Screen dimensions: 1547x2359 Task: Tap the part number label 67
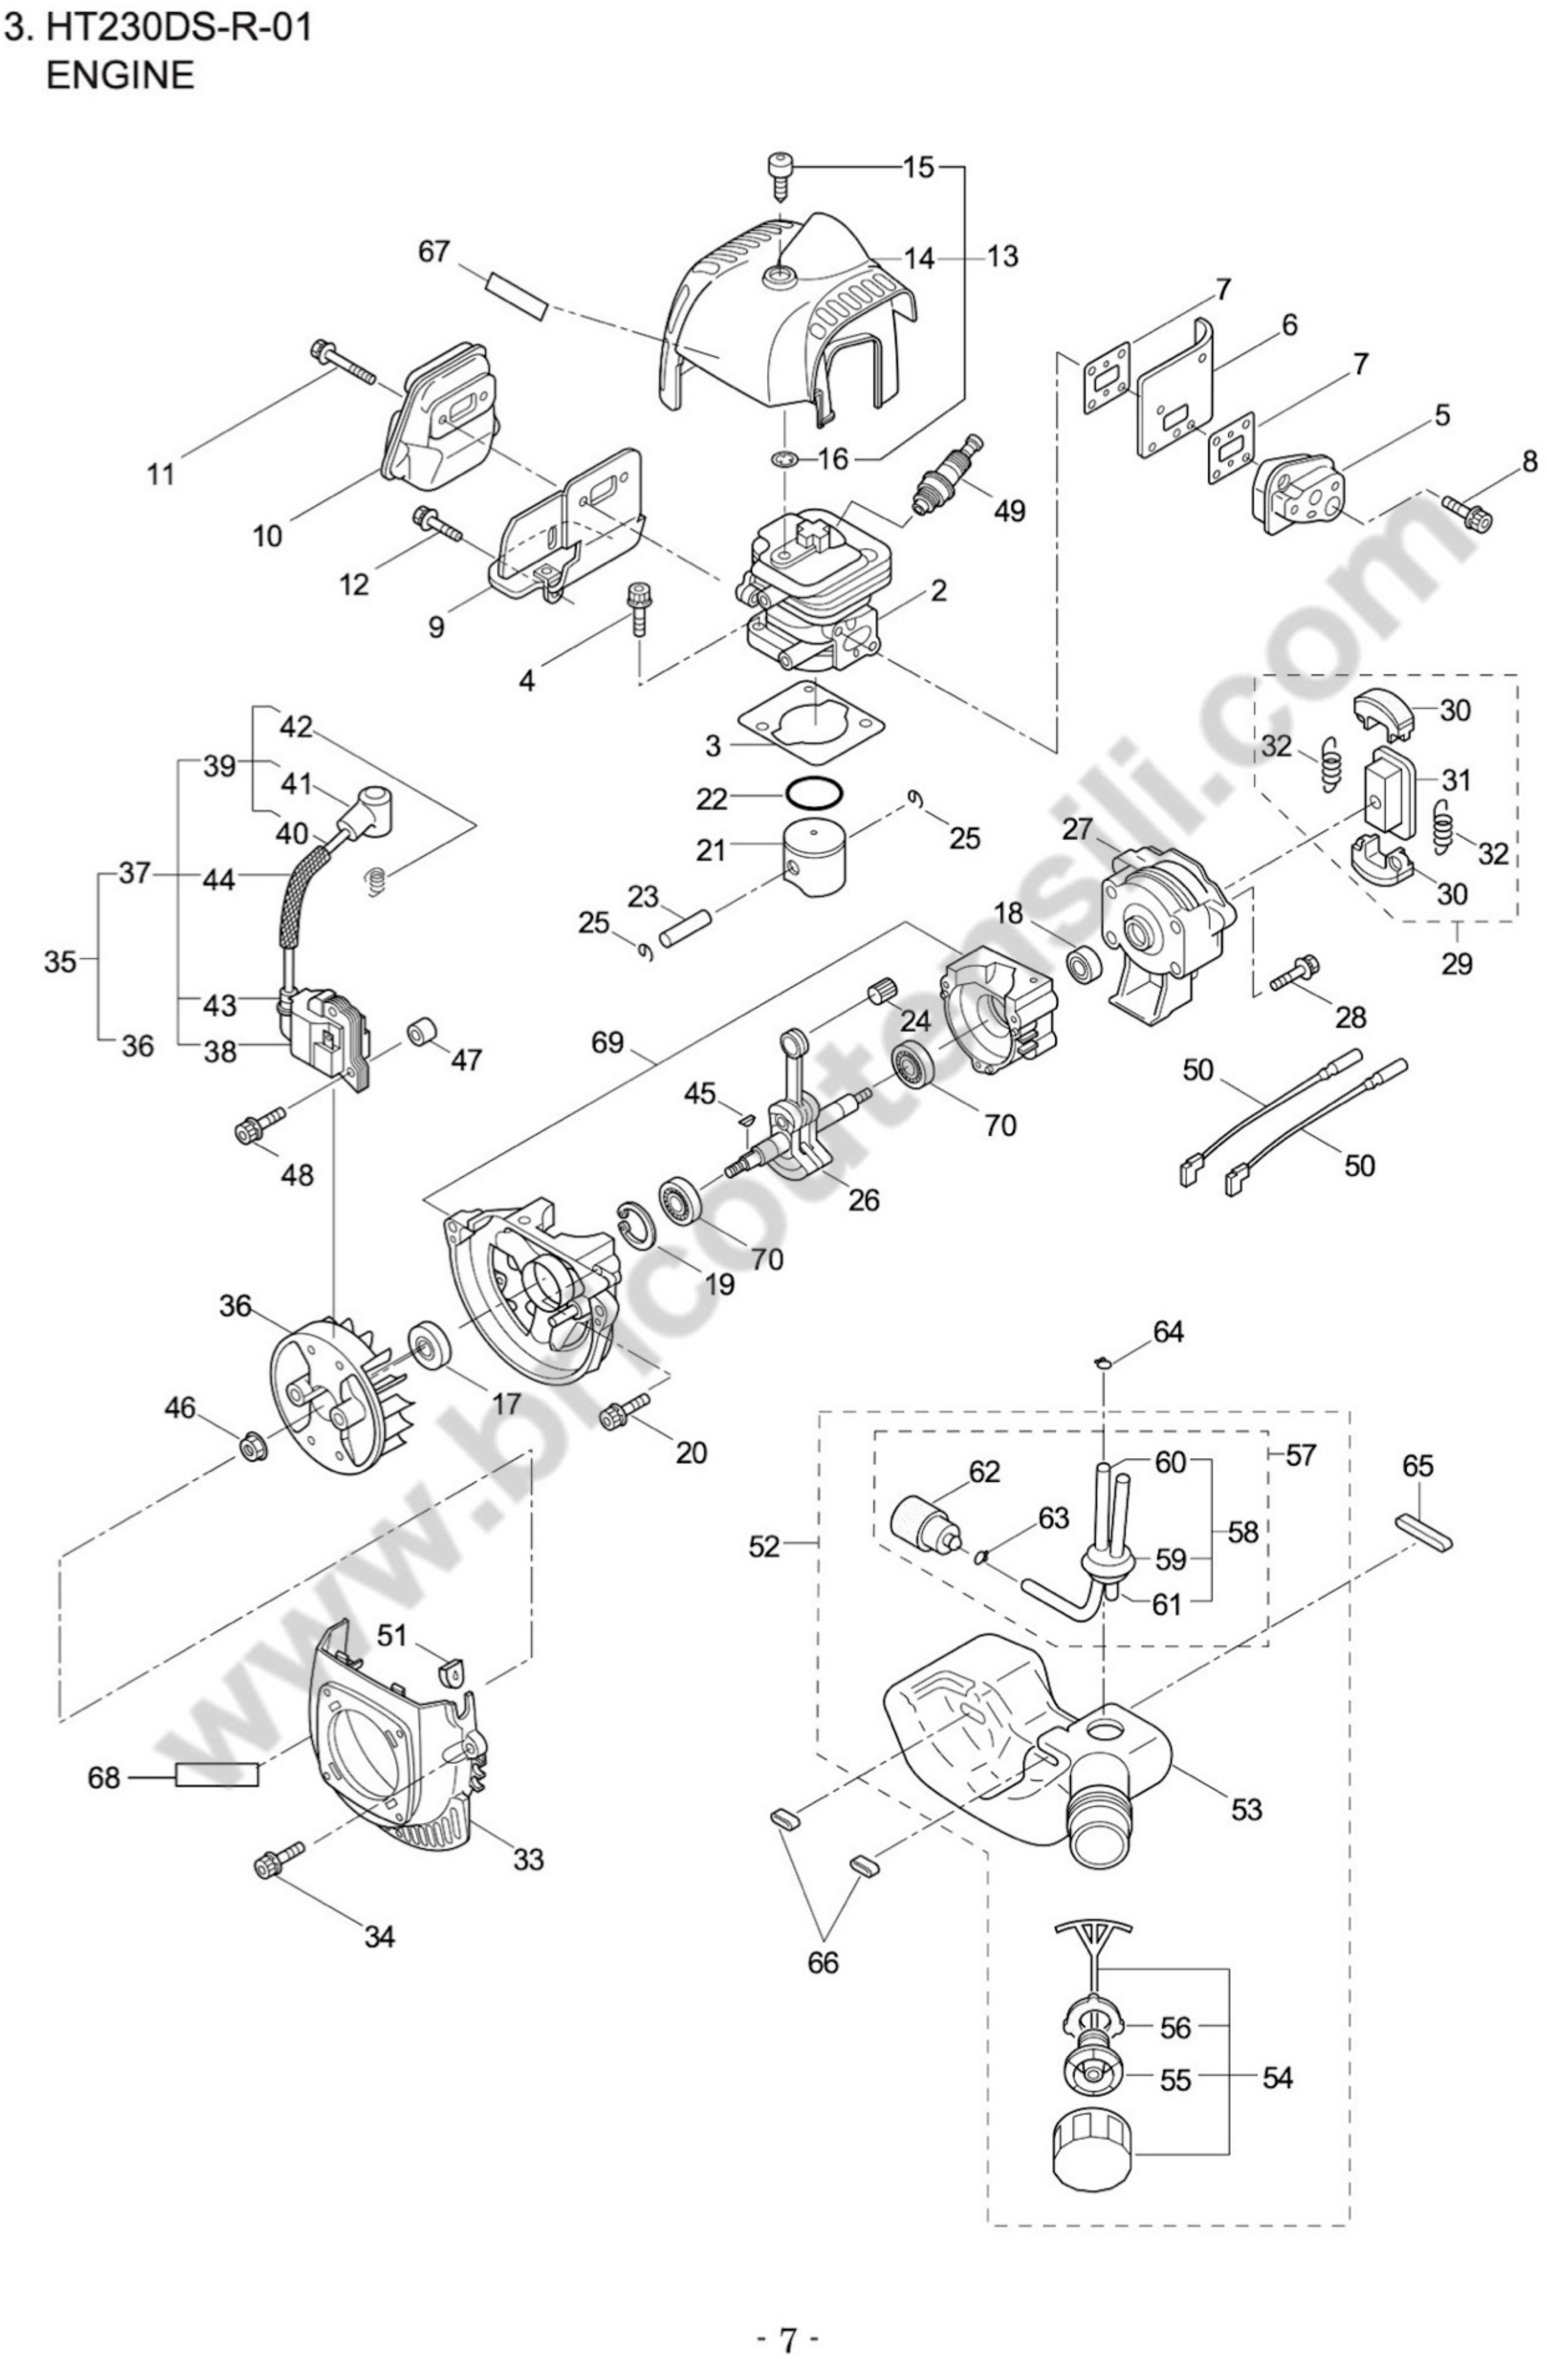click(433, 252)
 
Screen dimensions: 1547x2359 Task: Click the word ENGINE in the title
click(120, 76)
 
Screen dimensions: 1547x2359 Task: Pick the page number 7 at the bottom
click(788, 2332)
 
